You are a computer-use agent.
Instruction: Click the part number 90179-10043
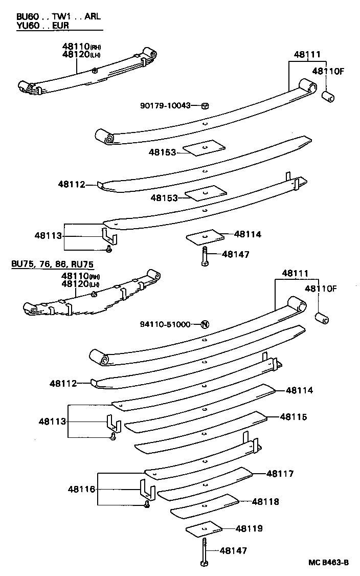pos(165,105)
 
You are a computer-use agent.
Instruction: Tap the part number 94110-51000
pos(165,324)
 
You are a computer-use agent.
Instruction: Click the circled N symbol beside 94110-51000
pos(205,324)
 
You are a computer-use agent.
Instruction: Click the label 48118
pos(265,502)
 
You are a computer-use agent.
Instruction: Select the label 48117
pos(280,474)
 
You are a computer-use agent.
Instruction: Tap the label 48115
pos(294,417)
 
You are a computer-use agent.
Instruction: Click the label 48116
pos(81,490)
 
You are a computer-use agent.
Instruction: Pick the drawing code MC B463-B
pos(328,563)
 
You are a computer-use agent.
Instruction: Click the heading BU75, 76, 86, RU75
pos(53,264)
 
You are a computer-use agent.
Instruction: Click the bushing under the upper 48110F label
pos(327,96)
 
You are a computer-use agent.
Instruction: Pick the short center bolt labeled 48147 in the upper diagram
pos(204,255)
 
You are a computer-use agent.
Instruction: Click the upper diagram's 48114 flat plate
pos(205,237)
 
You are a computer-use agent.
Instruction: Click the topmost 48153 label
pos(163,152)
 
